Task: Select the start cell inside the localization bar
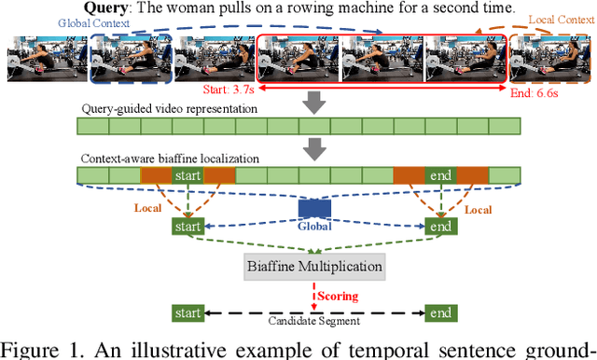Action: tap(187, 175)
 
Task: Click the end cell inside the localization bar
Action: tap(440, 175)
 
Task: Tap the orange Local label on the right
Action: tap(477, 210)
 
